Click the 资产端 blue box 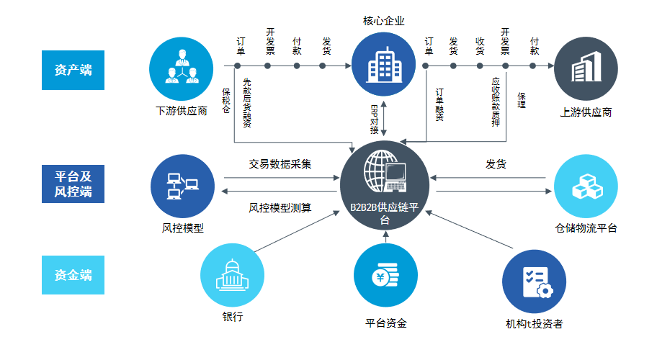pos(73,70)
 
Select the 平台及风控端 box pos(73,184)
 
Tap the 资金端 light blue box pos(73,275)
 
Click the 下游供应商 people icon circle pos(181,69)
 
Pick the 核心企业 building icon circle pos(383,65)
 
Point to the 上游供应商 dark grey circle pos(586,69)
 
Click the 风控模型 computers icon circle pos(182,186)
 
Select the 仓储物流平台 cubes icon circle pos(586,186)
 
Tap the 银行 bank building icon pos(232,276)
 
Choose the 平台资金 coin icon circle pos(385,276)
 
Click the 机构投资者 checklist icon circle pos(535,282)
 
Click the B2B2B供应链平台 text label pos(384,213)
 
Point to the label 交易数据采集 pos(280,164)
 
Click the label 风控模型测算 pos(280,207)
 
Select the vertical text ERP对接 pos(374,120)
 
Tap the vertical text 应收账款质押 pos(496,102)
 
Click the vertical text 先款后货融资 pos(247,103)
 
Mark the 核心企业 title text pos(383,21)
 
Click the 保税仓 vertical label pos(226,101)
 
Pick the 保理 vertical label pos(522,101)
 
